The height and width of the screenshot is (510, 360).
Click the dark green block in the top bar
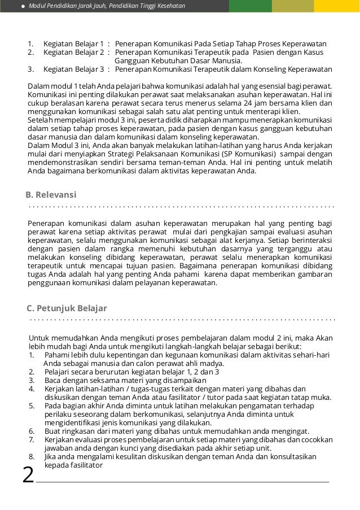[250, 6]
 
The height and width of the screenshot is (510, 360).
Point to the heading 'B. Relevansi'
[51, 195]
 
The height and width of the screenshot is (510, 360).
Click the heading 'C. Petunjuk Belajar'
[67, 308]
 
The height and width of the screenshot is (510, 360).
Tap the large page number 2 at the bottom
[28, 475]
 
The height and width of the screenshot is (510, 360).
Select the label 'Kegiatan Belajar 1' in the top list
[73, 43]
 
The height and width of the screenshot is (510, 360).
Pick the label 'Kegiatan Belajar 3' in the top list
[73, 69]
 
